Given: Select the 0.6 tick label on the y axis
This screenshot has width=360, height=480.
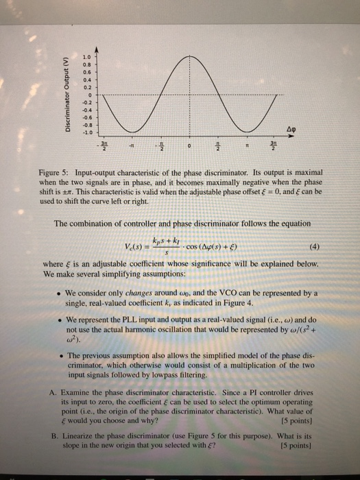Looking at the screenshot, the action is [86, 72].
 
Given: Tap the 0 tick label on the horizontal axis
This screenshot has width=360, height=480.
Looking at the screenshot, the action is [193, 145].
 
